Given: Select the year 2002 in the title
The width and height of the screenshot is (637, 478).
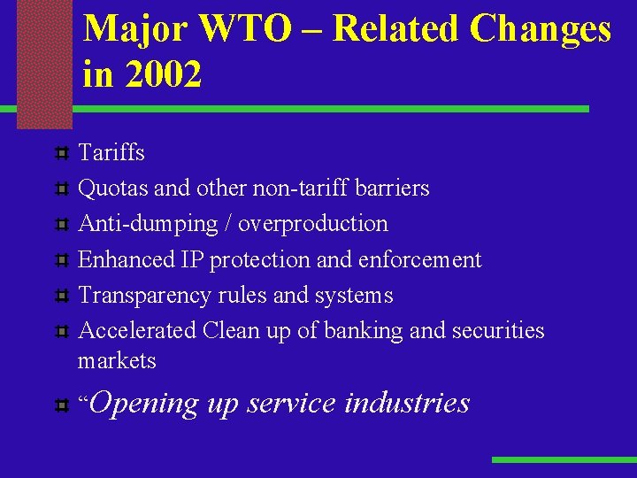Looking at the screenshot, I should coord(164,74).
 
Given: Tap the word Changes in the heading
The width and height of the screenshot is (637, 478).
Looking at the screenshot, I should coord(540,29).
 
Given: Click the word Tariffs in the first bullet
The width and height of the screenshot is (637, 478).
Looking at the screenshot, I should coord(111,152).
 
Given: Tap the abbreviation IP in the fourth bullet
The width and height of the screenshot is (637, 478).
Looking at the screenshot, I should coord(192,259).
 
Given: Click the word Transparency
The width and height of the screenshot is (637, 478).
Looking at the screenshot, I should coord(145,295).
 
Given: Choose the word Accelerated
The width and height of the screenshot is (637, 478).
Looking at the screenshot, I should coord(137,330).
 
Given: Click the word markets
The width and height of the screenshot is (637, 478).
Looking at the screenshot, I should coord(117,361).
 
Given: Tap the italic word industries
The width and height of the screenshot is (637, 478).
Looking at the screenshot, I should coord(406,403).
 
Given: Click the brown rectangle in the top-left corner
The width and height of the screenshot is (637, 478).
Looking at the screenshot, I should coord(44,62).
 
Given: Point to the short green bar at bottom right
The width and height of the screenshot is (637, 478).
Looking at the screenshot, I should coord(564,459).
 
